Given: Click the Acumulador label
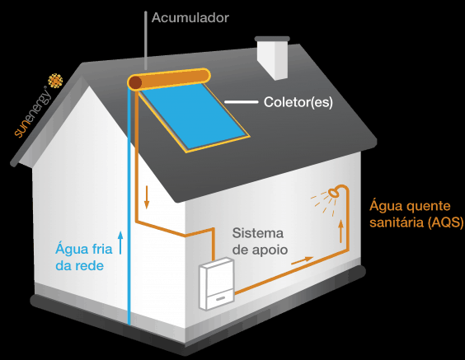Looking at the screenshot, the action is [x=190, y=18].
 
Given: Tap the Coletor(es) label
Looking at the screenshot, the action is [x=298, y=102].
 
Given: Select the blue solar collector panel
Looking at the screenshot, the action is [x=195, y=116].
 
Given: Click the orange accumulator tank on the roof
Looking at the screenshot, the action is [x=169, y=79].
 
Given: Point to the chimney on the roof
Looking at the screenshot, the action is [x=272, y=58].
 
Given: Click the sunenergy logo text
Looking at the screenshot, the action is [x=32, y=113].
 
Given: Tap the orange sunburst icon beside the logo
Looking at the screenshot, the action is [x=55, y=81].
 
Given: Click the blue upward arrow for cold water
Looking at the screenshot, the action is [x=120, y=243].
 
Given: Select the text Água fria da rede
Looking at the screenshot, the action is [x=84, y=257].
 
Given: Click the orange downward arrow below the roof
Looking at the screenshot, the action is [x=147, y=197].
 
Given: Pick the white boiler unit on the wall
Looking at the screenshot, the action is [x=217, y=284].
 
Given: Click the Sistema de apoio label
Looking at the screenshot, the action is [x=260, y=241].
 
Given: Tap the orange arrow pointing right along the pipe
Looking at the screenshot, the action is [x=303, y=260].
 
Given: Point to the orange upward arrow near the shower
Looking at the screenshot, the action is [x=341, y=231].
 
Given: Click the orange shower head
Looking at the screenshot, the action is [x=334, y=192].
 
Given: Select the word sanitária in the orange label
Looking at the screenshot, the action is [x=397, y=222].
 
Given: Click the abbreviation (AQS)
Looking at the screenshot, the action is [x=446, y=222].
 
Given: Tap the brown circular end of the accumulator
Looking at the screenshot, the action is [x=135, y=82].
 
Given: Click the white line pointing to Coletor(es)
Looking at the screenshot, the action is [x=242, y=102].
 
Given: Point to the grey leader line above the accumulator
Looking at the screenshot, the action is [x=146, y=40].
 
